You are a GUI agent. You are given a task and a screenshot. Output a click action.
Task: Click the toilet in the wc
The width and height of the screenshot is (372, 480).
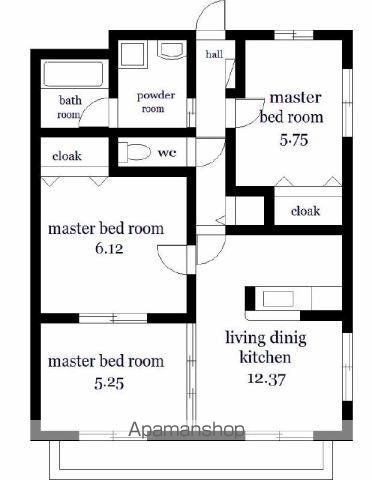pyautogui.click(x=135, y=151)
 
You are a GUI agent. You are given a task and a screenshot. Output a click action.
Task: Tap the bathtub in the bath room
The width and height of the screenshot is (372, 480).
pyautogui.click(x=74, y=74)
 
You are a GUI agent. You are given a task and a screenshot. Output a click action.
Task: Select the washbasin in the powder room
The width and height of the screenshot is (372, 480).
pyautogui.click(x=172, y=50)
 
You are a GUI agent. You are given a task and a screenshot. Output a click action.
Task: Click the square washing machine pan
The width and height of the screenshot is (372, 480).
pyautogui.click(x=133, y=54)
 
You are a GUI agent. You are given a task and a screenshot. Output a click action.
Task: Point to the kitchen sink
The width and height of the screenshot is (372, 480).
pyautogui.click(x=278, y=299)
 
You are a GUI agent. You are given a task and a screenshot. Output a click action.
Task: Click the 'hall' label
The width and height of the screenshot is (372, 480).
pyautogui.click(x=214, y=54)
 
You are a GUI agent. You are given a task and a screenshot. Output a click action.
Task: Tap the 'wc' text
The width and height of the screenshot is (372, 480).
pyautogui.click(x=167, y=153)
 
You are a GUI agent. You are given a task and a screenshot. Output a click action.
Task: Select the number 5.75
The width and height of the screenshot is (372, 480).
pyautogui.click(x=294, y=140)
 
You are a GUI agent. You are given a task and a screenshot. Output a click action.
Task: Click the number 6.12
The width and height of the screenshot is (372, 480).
pyautogui.click(x=109, y=249)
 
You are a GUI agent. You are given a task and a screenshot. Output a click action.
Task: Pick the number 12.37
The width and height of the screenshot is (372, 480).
pyautogui.click(x=266, y=379)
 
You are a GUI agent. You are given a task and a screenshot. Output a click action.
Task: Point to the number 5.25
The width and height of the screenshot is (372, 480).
pyautogui.click(x=109, y=384)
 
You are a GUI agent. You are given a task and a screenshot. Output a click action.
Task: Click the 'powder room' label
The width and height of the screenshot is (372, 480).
pyautogui.click(x=155, y=102)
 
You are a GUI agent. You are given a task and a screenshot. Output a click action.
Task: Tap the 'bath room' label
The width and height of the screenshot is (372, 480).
pyautogui.click(x=70, y=107)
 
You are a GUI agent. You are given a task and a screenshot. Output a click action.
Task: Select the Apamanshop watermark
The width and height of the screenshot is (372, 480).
pyautogui.click(x=187, y=429)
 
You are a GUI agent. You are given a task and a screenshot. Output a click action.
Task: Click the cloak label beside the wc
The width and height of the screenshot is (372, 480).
pyautogui.click(x=67, y=156)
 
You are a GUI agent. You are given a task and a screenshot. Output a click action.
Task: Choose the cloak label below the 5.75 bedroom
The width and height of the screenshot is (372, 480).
pyautogui.click(x=305, y=211)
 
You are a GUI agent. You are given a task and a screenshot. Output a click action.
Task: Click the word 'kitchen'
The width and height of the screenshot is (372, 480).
pyautogui.click(x=265, y=358)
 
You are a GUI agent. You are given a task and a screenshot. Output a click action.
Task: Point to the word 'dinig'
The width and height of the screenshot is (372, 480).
pyautogui.click(x=288, y=339)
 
